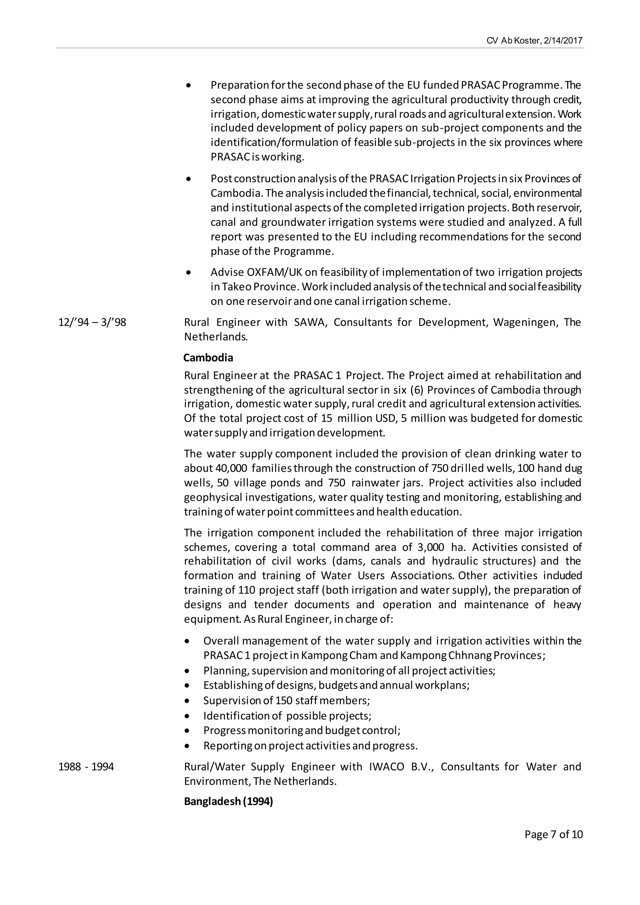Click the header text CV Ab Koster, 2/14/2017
coord(534,41)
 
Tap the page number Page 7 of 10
coord(553,834)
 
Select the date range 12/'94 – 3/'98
coord(92,322)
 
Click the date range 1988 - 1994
coord(86,767)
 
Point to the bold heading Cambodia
coord(208,358)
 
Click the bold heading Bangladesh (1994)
coord(228,802)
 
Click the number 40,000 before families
coord(231,468)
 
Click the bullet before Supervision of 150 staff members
coord(187,701)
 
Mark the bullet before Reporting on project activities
coord(187,746)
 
